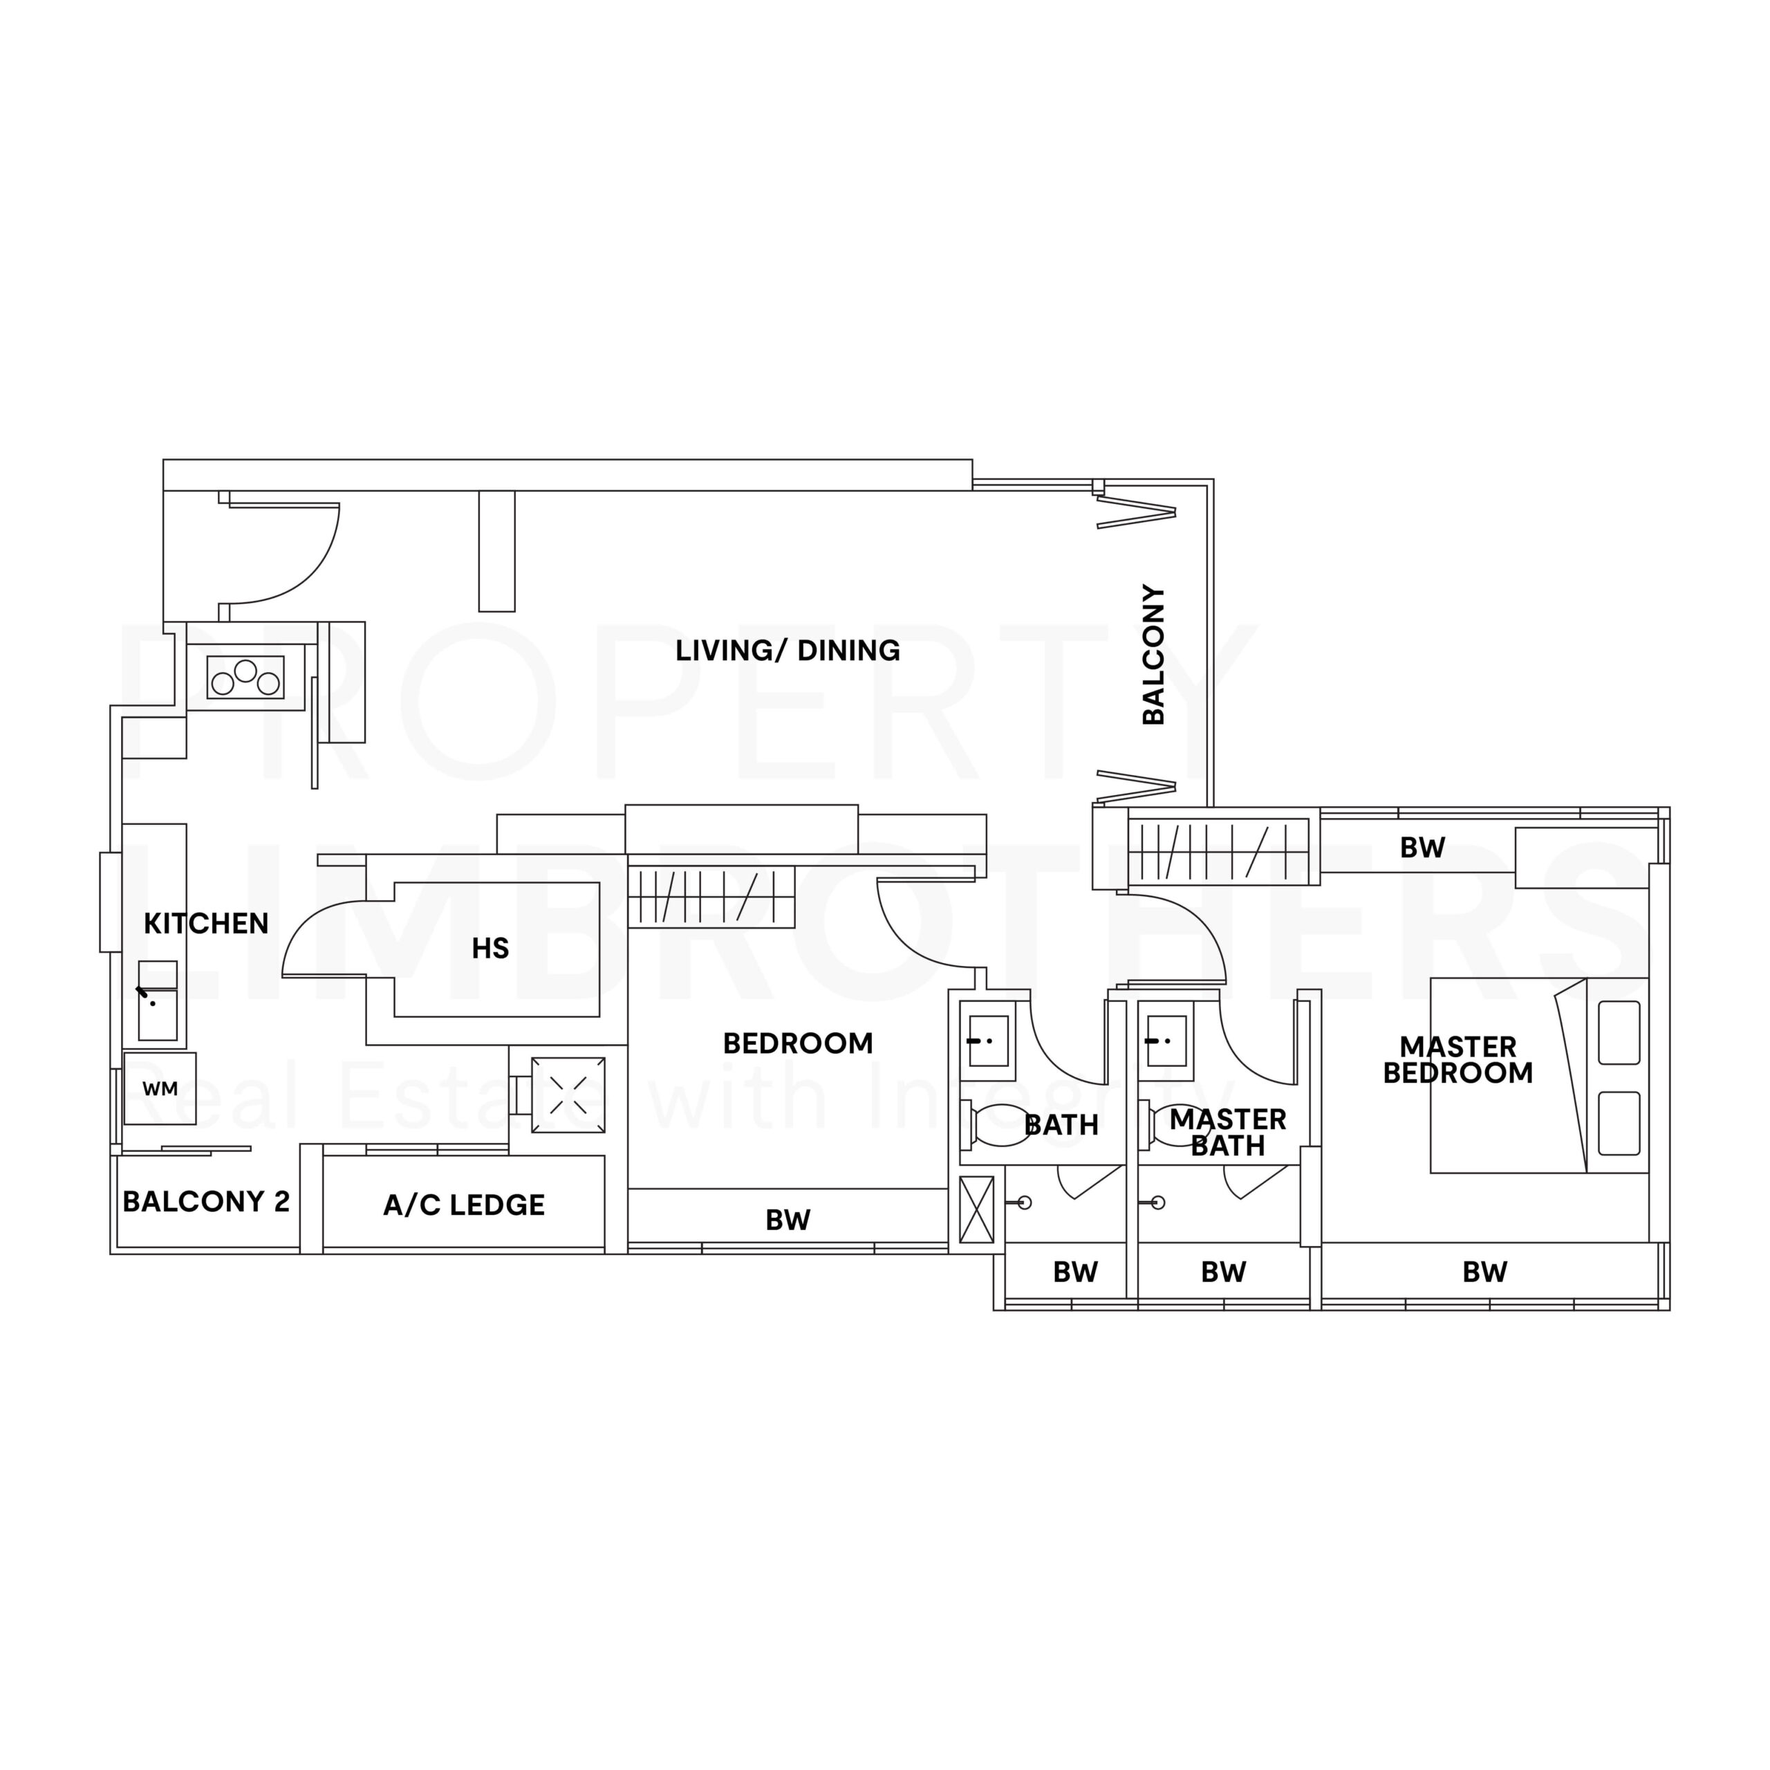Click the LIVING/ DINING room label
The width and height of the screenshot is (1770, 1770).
coord(787,651)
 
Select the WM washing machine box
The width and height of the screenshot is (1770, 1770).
coord(160,1088)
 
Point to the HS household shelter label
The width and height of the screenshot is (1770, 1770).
coord(490,948)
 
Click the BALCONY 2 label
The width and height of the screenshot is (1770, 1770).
coord(206,1201)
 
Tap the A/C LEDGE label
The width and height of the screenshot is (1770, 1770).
coord(463,1204)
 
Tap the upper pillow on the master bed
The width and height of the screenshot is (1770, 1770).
coord(1619,1032)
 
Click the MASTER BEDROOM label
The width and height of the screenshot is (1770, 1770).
coord(1457,1059)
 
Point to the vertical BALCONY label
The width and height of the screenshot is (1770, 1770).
coord(1153,654)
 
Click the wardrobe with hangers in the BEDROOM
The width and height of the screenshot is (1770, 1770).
coord(710,897)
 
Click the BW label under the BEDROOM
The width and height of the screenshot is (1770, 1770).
coord(787,1220)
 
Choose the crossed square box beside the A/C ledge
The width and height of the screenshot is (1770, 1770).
coord(568,1094)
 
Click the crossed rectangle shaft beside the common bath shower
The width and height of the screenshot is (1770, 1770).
coord(976,1209)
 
